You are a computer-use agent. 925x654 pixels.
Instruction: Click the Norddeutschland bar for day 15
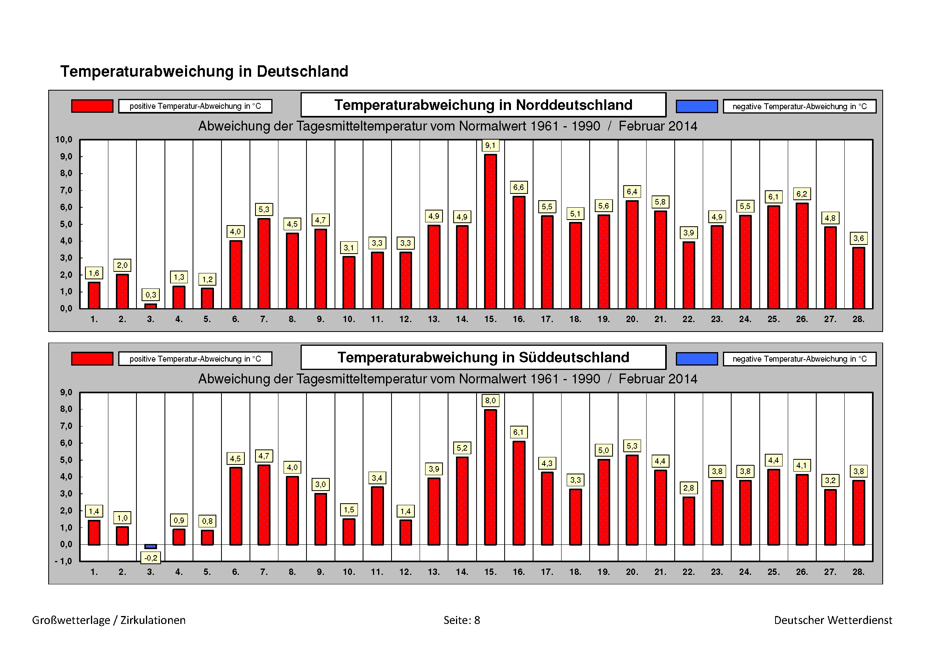coord(490,231)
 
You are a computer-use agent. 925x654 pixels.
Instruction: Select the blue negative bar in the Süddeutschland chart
coord(151,546)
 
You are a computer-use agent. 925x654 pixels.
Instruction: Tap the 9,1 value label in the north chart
coord(490,146)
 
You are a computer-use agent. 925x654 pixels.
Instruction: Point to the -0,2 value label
coord(151,558)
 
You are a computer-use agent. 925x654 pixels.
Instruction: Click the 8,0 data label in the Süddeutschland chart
coord(490,400)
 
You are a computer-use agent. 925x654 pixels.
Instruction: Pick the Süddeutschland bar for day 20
coord(632,500)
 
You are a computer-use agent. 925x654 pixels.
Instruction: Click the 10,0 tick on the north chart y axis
coord(64,140)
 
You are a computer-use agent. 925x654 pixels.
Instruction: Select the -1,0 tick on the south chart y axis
coord(64,561)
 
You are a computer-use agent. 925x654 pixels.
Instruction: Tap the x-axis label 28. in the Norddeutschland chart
coord(859,319)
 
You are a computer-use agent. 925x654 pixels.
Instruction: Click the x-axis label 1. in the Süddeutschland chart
coord(94,572)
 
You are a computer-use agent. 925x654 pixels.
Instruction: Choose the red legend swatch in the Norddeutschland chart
coord(92,106)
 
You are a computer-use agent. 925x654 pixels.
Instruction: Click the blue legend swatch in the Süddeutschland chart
coord(696,358)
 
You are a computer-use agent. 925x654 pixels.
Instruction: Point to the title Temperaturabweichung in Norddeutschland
coord(483,105)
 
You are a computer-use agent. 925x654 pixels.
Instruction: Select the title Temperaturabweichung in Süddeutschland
coord(483,357)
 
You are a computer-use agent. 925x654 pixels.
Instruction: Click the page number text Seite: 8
coord(462,620)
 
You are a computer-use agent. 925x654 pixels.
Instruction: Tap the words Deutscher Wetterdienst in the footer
coord(833,620)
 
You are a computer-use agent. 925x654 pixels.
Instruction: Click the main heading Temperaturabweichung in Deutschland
coord(204,71)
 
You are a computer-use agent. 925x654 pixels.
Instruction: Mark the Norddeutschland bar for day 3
coord(151,306)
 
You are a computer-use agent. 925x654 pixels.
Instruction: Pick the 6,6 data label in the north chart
coord(518,188)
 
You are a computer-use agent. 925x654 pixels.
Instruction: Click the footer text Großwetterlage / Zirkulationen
coord(109,620)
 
